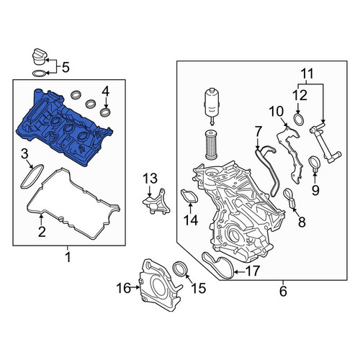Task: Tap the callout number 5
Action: pyautogui.click(x=66, y=68)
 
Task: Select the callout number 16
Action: pyautogui.click(x=124, y=288)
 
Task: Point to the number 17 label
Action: pyautogui.click(x=253, y=271)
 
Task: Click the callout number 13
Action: pyautogui.click(x=150, y=179)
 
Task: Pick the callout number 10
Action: pyautogui.click(x=276, y=112)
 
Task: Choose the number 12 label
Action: pyautogui.click(x=300, y=95)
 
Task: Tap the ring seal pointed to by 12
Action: pyautogui.click(x=298, y=120)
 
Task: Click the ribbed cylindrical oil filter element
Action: pyautogui.click(x=212, y=145)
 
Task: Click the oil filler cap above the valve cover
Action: pyautogui.click(x=39, y=57)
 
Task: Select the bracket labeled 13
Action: pyautogui.click(x=157, y=203)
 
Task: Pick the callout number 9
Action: pyautogui.click(x=315, y=190)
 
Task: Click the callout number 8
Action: pyautogui.click(x=302, y=222)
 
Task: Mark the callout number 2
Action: pyautogui.click(x=42, y=232)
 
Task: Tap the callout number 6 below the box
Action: pyautogui.click(x=283, y=291)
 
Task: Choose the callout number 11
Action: pyautogui.click(x=307, y=73)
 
